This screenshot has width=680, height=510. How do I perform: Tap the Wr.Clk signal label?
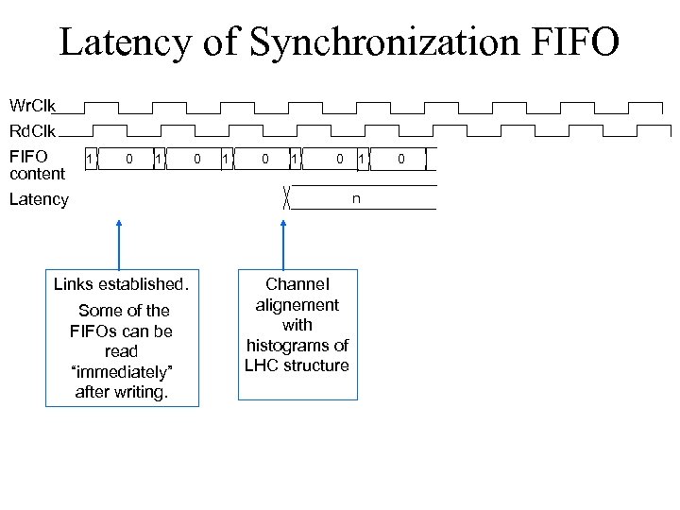click(x=33, y=104)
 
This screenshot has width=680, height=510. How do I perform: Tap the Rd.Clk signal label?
click(x=33, y=130)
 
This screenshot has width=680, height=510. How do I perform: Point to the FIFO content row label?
click(x=37, y=163)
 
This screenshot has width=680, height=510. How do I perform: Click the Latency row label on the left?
click(x=39, y=199)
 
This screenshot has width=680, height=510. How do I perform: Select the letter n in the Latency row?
click(x=356, y=198)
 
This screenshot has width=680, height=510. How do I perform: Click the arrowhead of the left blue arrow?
click(x=119, y=224)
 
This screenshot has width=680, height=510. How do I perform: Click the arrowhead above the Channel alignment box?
click(x=281, y=224)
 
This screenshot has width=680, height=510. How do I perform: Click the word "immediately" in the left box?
click(x=122, y=371)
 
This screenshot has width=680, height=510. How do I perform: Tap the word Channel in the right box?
click(x=297, y=283)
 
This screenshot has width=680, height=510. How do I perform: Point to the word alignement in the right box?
click(x=297, y=304)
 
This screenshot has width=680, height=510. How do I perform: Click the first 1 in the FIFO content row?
click(x=90, y=159)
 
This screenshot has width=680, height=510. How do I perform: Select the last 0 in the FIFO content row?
click(x=400, y=159)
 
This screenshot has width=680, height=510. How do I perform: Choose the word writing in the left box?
click(x=141, y=392)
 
